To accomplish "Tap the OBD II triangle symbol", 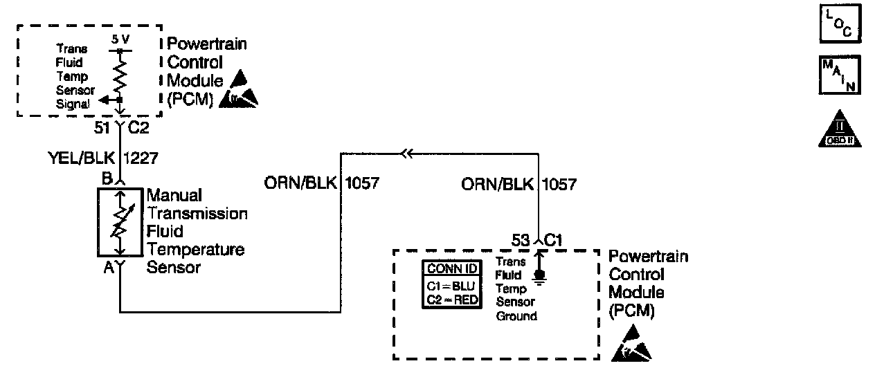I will tap(838, 129).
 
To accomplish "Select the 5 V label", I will tap(119, 40).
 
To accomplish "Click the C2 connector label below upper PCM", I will tap(138, 128).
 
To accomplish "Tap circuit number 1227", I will tap(142, 158).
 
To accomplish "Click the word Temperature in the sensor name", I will tap(195, 249).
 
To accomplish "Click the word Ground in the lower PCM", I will tap(516, 316).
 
